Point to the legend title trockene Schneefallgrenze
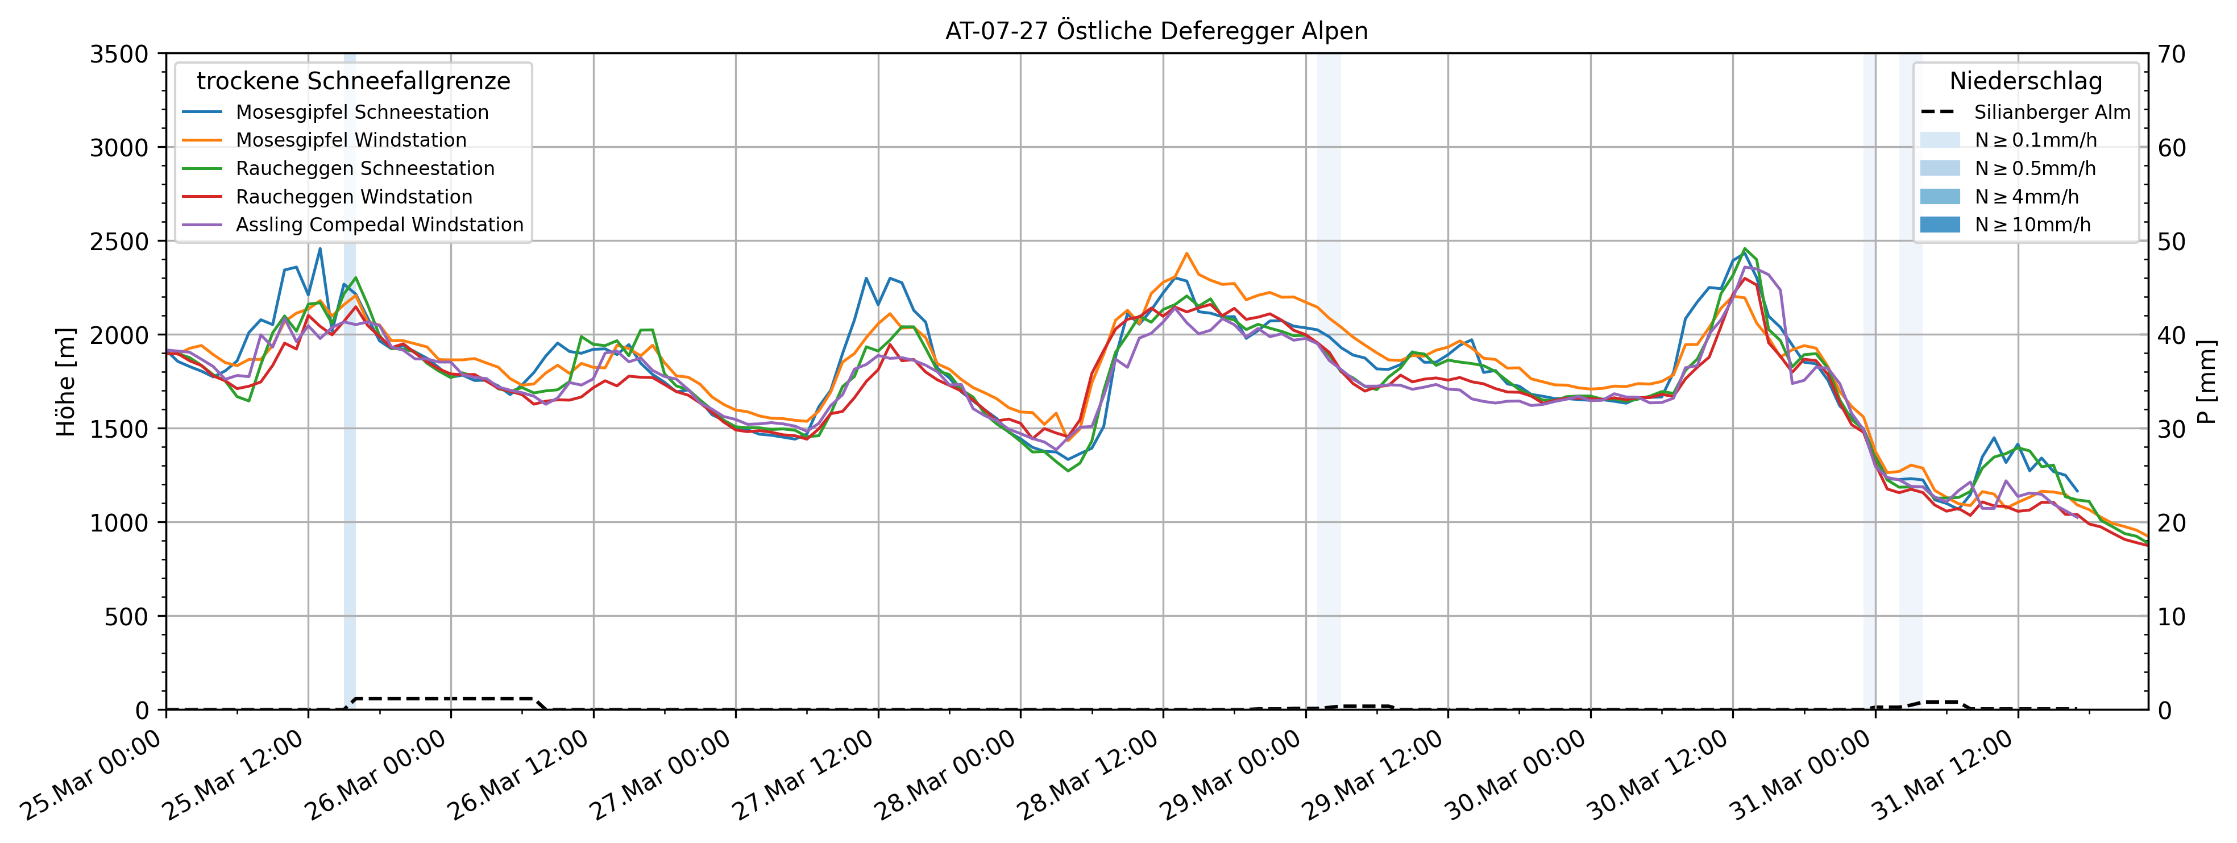[354, 82]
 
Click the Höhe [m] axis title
[66, 382]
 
